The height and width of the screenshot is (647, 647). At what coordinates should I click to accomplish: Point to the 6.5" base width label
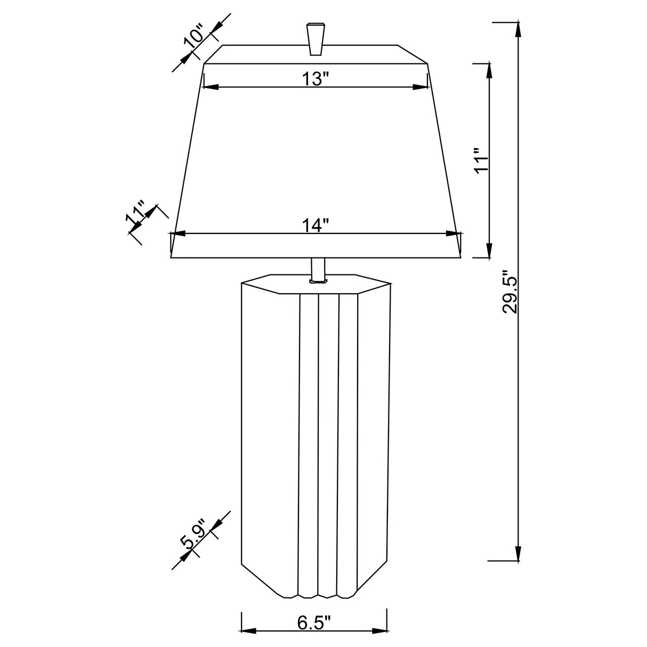[x=315, y=623]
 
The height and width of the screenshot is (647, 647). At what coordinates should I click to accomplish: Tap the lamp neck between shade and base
[x=317, y=269]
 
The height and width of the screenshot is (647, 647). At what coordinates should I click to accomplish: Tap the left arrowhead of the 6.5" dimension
[x=249, y=632]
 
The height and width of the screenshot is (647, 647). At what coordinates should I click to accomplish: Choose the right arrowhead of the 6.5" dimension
[x=380, y=632]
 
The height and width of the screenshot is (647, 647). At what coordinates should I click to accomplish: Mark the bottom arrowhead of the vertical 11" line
[x=489, y=250]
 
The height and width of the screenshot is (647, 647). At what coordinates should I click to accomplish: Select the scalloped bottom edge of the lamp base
[x=318, y=594]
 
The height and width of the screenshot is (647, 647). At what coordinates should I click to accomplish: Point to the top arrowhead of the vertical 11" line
[x=489, y=70]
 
